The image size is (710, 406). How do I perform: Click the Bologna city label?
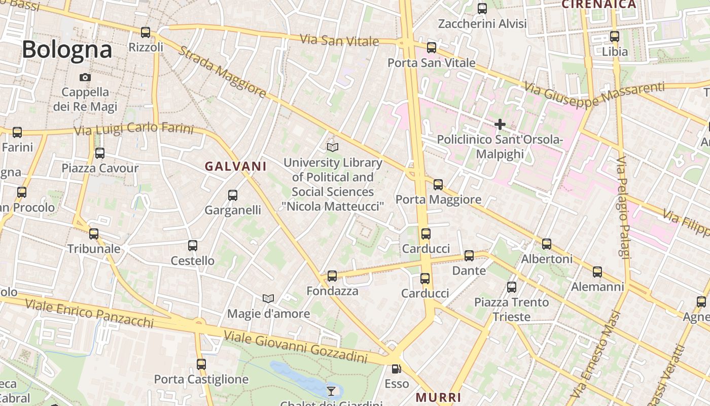pyautogui.click(x=67, y=50)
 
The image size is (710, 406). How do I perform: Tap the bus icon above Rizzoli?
pyautogui.click(x=146, y=32)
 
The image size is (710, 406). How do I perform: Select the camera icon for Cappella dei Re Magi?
pyautogui.click(x=85, y=78)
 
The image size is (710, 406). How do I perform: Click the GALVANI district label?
pyautogui.click(x=235, y=166)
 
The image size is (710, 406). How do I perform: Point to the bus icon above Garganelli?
pyautogui.click(x=233, y=195)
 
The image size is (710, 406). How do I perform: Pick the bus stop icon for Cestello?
pyautogui.click(x=193, y=246)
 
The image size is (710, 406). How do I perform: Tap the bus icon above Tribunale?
pyautogui.click(x=94, y=234)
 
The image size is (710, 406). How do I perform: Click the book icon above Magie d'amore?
pyautogui.click(x=268, y=298)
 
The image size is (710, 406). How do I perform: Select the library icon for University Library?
pyautogui.click(x=333, y=147)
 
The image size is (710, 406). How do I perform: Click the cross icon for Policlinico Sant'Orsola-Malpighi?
pyautogui.click(x=500, y=124)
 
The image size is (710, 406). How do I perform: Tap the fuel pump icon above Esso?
pyautogui.click(x=396, y=369)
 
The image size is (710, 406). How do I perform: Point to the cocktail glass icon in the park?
pyautogui.click(x=331, y=391)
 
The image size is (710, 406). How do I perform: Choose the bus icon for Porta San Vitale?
pyautogui.click(x=432, y=48)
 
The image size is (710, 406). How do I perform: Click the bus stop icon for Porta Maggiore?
pyautogui.click(x=438, y=185)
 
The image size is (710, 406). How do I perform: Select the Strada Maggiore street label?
pyautogui.click(x=222, y=73)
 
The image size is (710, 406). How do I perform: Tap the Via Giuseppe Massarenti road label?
pyautogui.click(x=594, y=96)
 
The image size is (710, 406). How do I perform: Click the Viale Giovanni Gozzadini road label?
pyautogui.click(x=295, y=348)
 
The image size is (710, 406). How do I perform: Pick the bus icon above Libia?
pyautogui.click(x=615, y=37)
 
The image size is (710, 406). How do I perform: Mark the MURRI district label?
pyautogui.click(x=439, y=397)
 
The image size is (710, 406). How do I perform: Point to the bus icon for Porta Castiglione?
pyautogui.click(x=201, y=364)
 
